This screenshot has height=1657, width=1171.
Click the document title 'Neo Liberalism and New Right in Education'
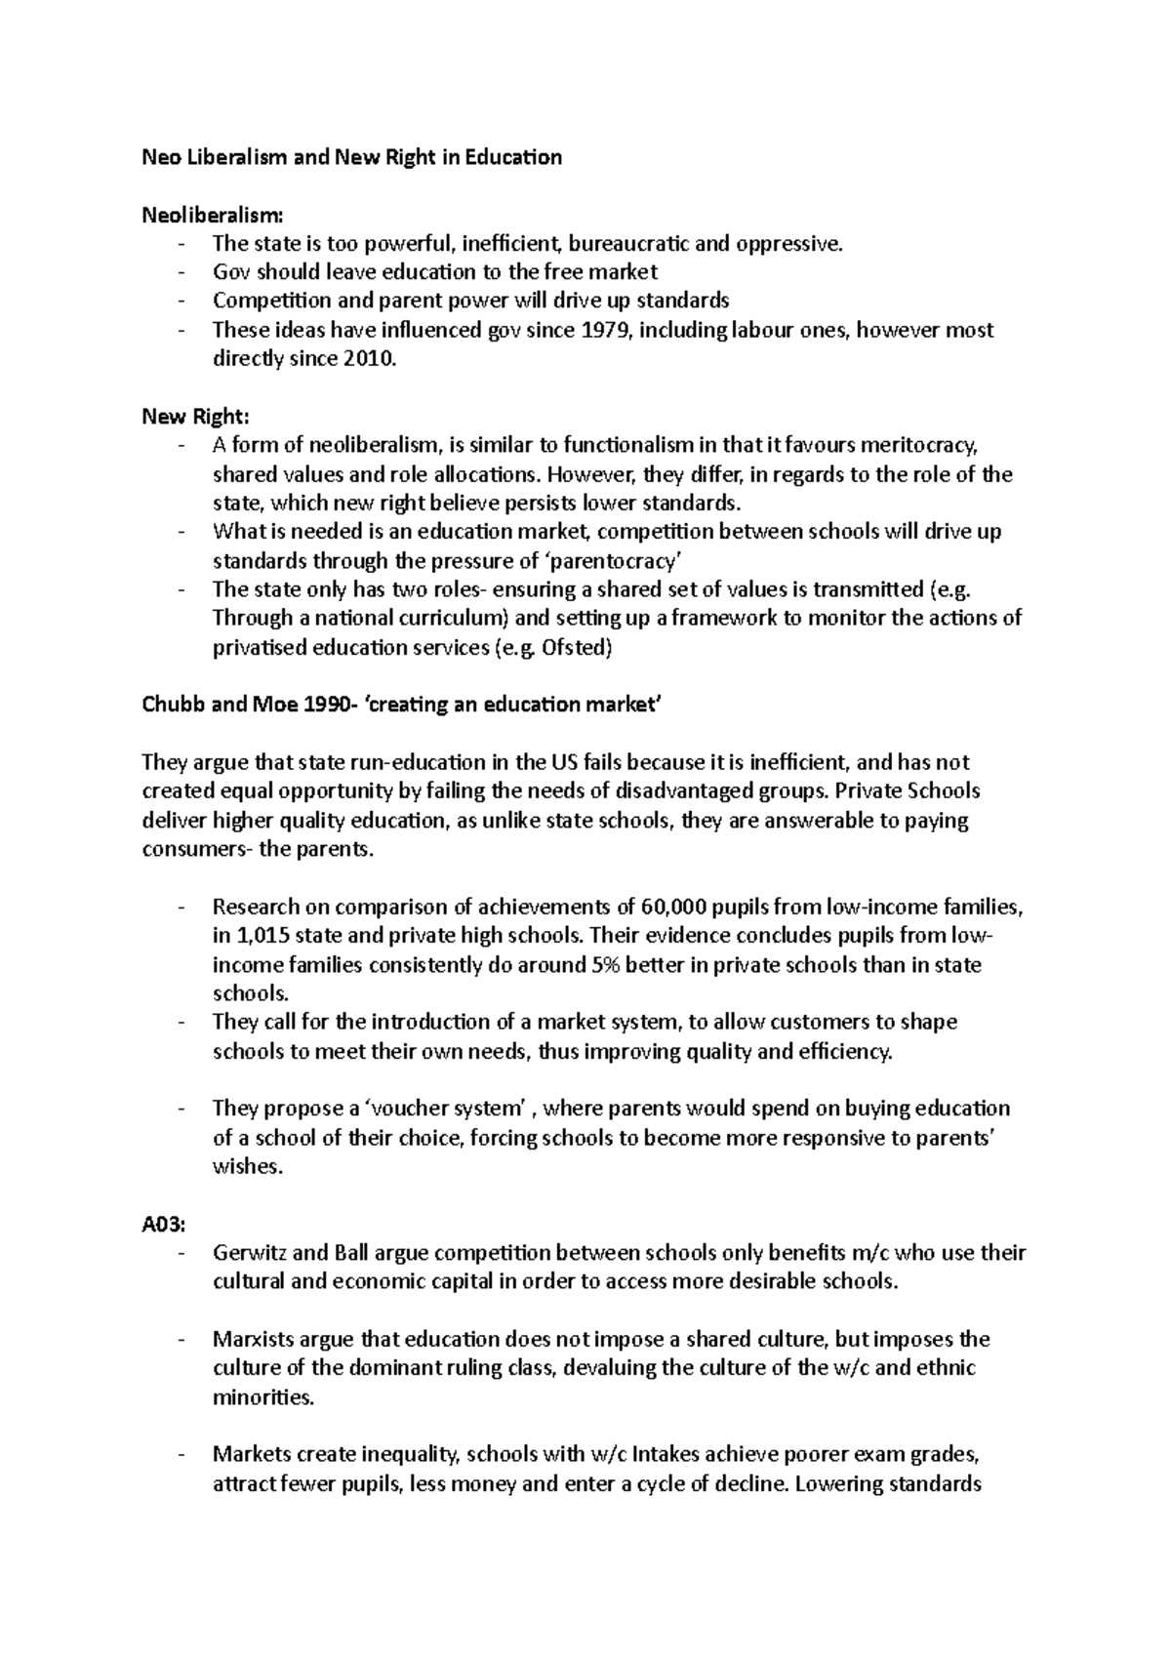pyautogui.click(x=351, y=157)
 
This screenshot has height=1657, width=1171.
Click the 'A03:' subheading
pyautogui.click(x=163, y=1224)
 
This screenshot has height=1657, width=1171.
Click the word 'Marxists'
pyautogui.click(x=253, y=1339)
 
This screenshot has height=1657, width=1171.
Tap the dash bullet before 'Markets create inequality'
pyautogui.click(x=182, y=1455)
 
